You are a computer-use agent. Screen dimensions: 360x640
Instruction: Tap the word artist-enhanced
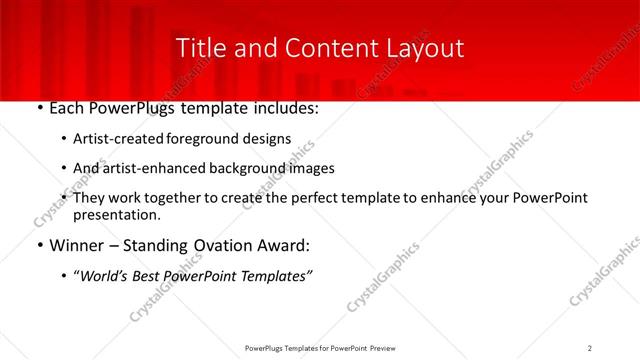pyautogui.click(x=152, y=168)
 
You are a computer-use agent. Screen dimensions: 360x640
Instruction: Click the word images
pyautogui.click(x=310, y=168)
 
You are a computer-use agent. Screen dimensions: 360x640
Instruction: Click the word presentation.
pyautogui.click(x=116, y=214)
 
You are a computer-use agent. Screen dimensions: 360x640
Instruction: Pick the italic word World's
pyautogui.click(x=107, y=276)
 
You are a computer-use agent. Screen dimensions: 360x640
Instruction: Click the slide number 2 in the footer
pyautogui.click(x=590, y=347)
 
